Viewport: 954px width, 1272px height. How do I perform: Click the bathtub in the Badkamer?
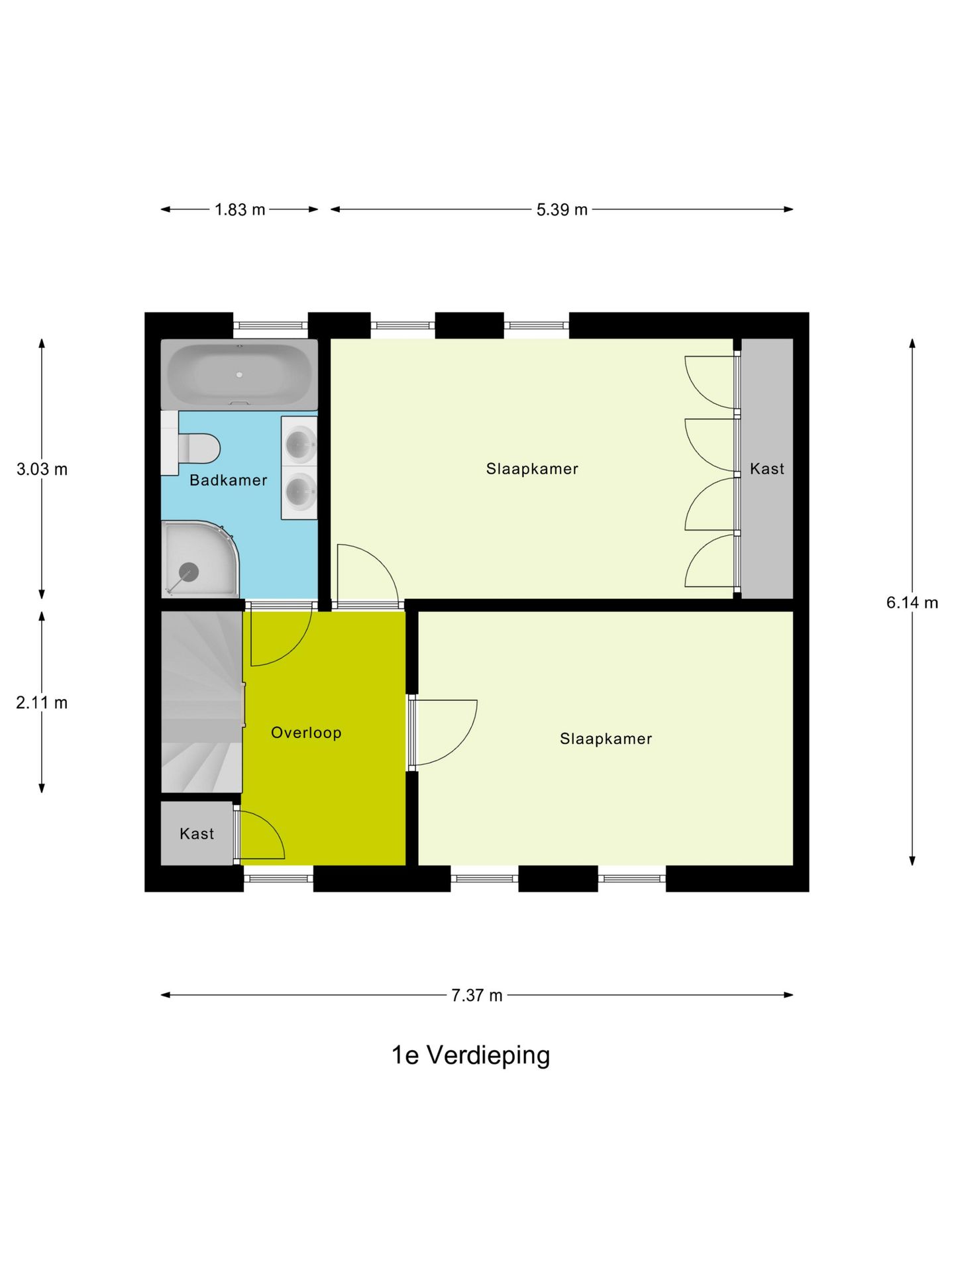tap(239, 375)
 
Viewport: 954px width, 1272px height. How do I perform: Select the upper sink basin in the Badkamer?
tap(300, 442)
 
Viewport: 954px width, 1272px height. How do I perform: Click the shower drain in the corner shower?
tap(189, 571)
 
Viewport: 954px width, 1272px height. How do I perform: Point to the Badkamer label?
tap(228, 480)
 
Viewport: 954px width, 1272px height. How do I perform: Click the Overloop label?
tap(306, 733)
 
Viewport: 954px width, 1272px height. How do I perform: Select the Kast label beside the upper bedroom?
tap(767, 469)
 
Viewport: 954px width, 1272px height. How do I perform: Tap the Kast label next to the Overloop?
tap(197, 834)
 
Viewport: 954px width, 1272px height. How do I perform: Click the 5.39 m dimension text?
tap(562, 210)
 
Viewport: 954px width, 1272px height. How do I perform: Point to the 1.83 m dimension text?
tap(240, 210)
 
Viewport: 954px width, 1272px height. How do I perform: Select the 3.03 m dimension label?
tap(42, 470)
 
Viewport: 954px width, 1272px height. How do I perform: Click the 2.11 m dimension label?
tap(42, 703)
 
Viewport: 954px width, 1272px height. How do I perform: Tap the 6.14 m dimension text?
tap(912, 603)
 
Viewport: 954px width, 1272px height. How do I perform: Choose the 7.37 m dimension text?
tap(477, 996)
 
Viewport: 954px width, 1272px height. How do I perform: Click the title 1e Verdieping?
tap(470, 1055)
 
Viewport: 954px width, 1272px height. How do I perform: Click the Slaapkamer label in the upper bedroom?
tap(532, 469)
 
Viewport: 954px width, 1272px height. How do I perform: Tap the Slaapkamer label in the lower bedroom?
tap(606, 739)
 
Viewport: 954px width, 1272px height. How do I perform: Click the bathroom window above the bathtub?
tap(270, 325)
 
